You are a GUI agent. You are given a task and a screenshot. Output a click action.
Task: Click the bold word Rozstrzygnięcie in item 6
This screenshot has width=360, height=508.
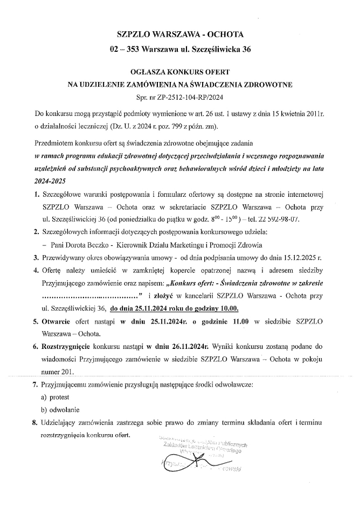click(66, 347)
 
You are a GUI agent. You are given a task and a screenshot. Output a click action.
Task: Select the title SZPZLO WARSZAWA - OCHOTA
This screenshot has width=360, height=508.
click(179, 34)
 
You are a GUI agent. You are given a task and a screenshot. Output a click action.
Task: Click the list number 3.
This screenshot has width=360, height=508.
click(35, 257)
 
